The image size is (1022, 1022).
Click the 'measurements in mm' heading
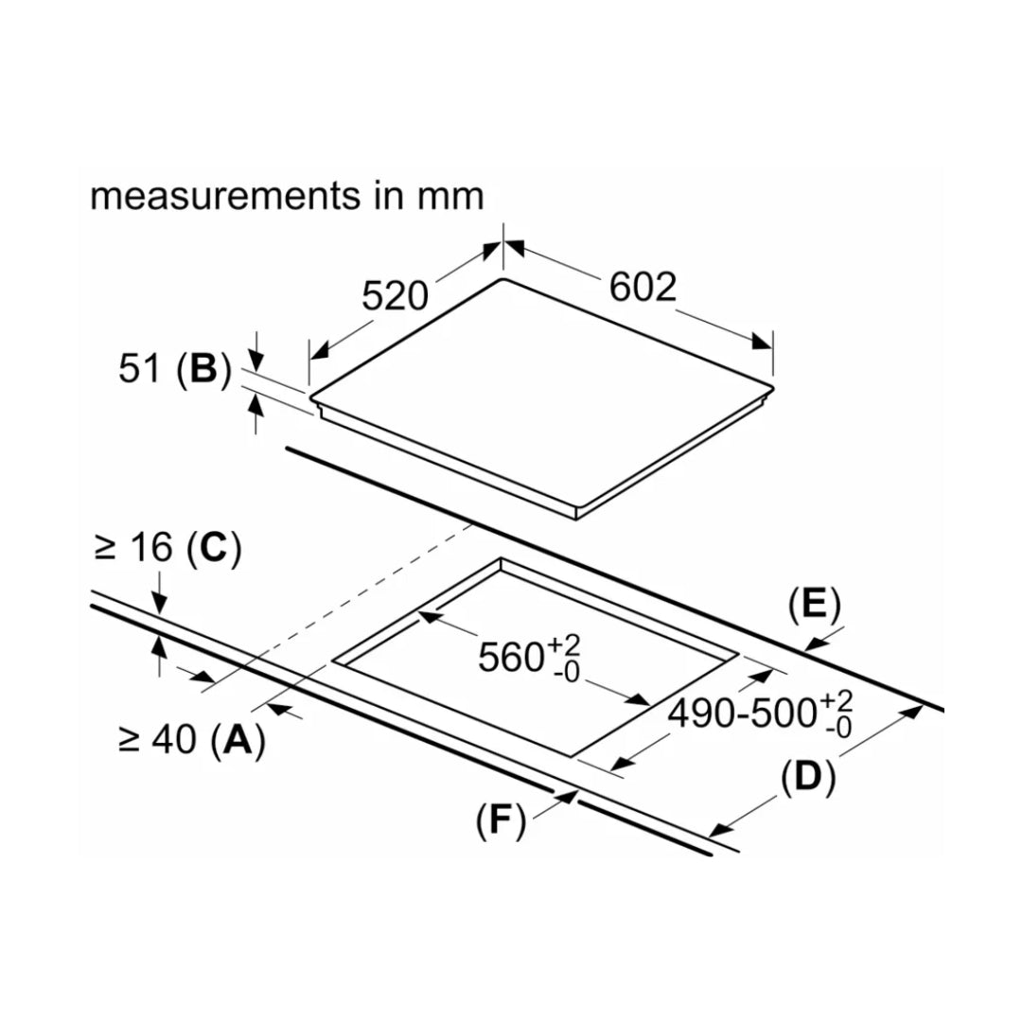[x=287, y=196]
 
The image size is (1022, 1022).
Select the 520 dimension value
[x=396, y=296]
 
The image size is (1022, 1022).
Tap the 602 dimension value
[x=643, y=287]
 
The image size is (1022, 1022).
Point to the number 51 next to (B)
[x=140, y=370]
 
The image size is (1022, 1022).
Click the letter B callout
[x=203, y=370]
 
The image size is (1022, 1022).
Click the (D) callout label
[x=808, y=777]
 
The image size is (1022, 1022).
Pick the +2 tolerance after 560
[x=567, y=644]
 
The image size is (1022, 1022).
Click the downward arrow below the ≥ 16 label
[x=158, y=605]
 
